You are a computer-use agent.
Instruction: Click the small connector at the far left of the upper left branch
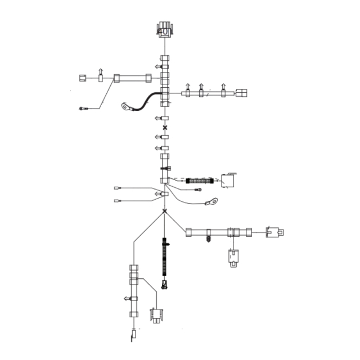click(82, 78)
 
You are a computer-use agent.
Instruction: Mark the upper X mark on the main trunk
click(165, 128)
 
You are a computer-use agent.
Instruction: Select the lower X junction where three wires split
click(165, 211)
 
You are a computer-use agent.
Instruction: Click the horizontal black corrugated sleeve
click(198, 181)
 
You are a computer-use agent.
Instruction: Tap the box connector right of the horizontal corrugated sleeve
click(229, 181)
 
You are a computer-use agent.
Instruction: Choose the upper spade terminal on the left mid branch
click(118, 189)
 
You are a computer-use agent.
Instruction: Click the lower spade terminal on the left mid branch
click(118, 200)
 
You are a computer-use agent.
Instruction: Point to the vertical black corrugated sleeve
click(165, 259)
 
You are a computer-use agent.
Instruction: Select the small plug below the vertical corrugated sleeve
click(165, 283)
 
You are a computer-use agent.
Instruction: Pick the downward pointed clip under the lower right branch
click(208, 238)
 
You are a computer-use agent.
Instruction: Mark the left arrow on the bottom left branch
click(125, 298)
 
